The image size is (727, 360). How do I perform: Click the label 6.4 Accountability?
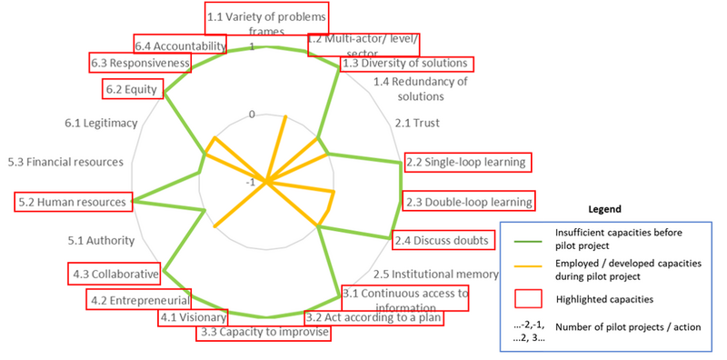coord(177,45)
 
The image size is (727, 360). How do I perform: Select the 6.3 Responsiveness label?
coord(140,64)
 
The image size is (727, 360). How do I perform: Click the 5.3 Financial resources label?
coord(65,162)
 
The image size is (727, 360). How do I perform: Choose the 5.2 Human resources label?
coord(75,201)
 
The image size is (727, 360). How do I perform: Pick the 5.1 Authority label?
coord(101,240)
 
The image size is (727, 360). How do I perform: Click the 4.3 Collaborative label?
coord(115,273)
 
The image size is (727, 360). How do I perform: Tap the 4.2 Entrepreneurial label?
coord(138,299)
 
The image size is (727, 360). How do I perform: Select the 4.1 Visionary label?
coord(188,317)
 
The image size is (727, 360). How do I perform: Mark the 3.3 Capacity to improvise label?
coord(263,333)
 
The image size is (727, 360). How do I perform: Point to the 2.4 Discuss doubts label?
coord(441,241)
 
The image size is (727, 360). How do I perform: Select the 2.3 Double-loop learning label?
coord(469,201)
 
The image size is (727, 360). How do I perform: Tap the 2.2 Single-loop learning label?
coord(467,162)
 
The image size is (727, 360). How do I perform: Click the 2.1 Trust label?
coord(414,122)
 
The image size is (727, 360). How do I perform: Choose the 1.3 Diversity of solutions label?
coord(406,64)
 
